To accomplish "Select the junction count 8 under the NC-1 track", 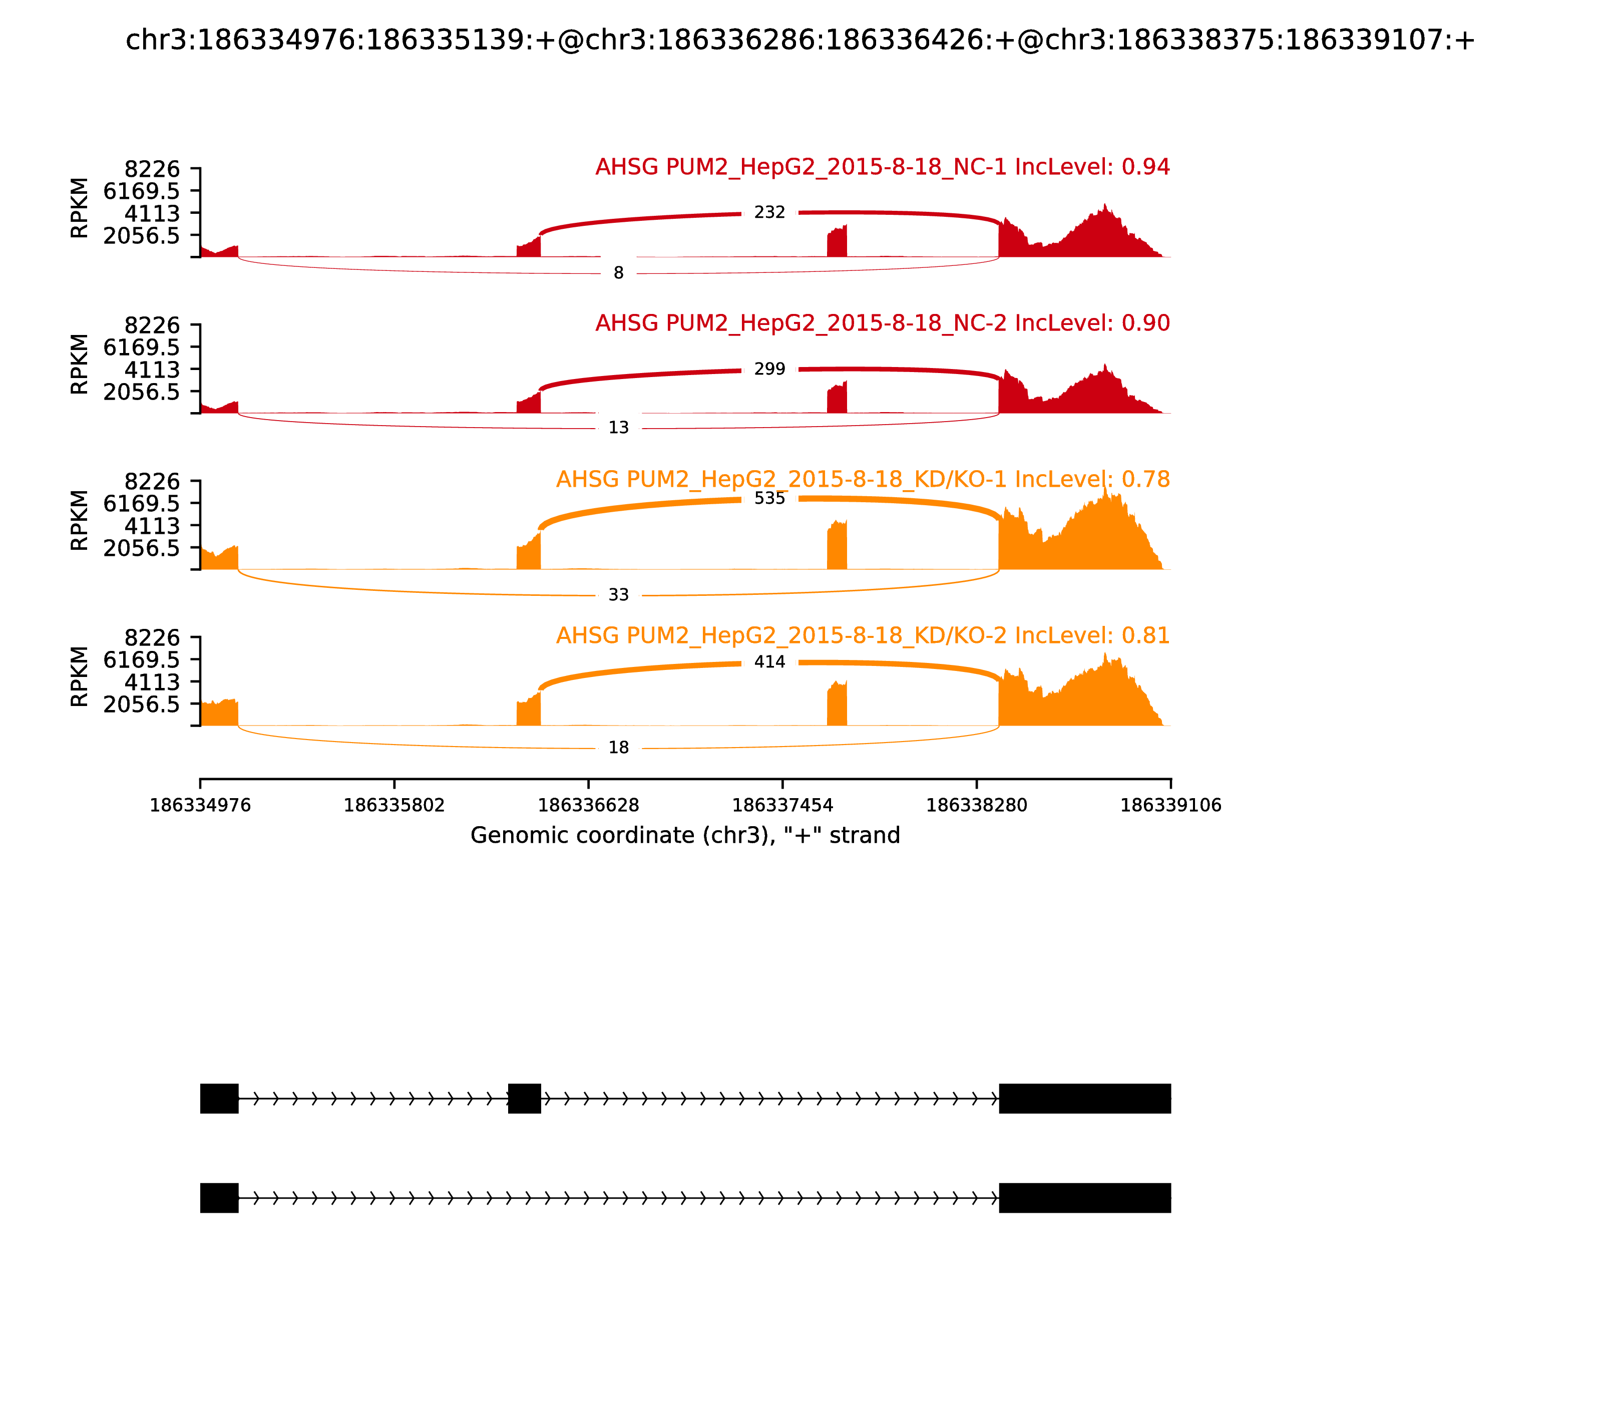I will [x=618, y=273].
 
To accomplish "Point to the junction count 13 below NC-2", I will [x=618, y=428].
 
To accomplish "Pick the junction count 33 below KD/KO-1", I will [x=618, y=595].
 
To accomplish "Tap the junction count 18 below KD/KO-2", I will [x=618, y=748].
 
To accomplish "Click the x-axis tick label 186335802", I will [x=394, y=806].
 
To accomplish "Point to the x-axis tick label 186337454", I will [x=782, y=806].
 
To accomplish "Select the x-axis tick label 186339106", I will [x=1170, y=806].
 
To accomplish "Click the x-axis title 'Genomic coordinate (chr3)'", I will [x=685, y=836].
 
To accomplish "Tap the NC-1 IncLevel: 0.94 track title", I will [x=882, y=167].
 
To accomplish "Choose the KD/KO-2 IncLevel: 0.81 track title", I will [x=863, y=635].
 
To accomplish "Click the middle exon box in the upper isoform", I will [x=524, y=1099].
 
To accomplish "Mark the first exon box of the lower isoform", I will [x=219, y=1198].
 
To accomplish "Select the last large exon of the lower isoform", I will [x=1084, y=1198].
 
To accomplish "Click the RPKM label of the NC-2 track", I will [x=80, y=364].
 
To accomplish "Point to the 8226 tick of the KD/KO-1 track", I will [x=153, y=482].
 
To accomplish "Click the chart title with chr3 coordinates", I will [x=800, y=41].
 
